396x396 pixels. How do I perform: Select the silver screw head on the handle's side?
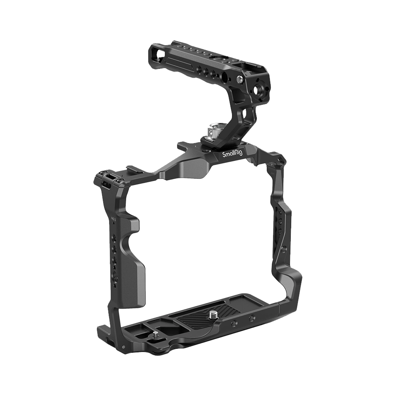click(241, 79)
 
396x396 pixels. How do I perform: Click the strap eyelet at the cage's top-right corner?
click(281, 159)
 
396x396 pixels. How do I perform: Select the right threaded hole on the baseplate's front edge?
click(252, 318)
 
